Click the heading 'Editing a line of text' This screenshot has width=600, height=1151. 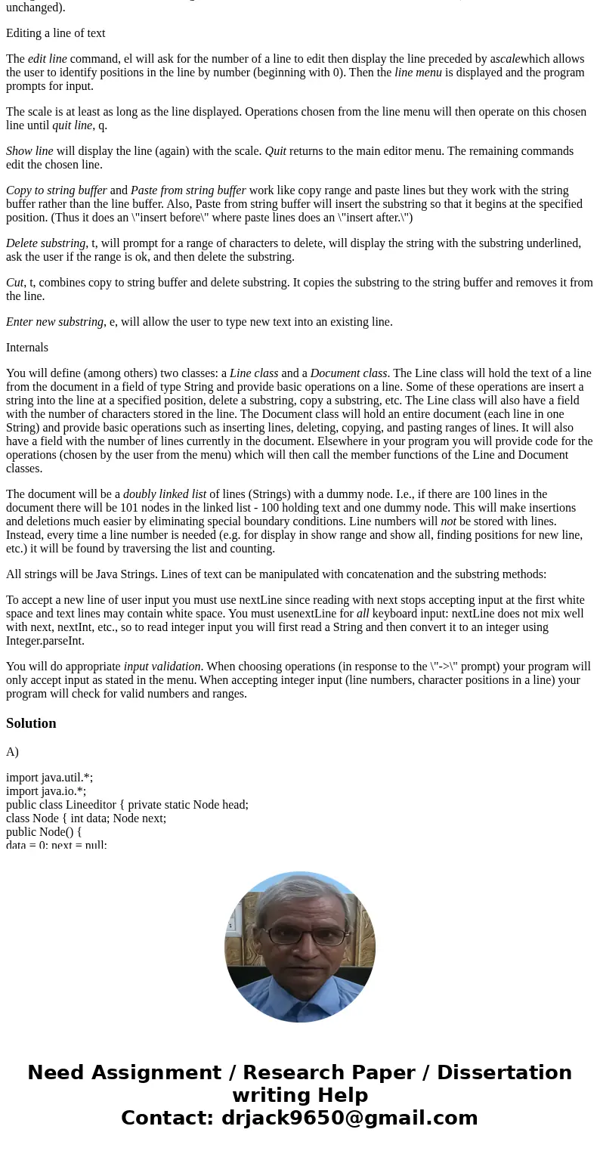[55, 33]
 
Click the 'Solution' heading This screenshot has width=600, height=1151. [31, 723]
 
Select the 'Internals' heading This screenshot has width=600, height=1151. [27, 348]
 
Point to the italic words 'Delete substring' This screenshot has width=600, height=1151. [45, 243]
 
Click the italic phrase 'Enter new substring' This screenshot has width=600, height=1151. [54, 322]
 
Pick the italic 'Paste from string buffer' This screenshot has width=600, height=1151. [188, 190]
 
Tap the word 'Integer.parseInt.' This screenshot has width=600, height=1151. [45, 641]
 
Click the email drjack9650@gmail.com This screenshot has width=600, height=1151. [349, 1118]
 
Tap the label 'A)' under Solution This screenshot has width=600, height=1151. [13, 752]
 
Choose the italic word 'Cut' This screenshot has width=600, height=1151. [15, 283]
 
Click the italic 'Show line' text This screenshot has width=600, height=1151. [29, 151]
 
